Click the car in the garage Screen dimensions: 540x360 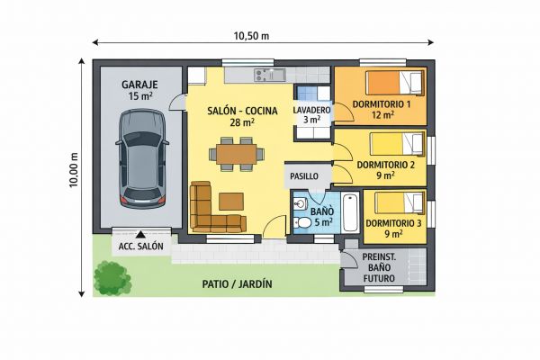coord(142,158)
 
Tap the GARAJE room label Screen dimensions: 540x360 coord(139,85)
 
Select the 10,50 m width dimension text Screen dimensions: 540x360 coord(251,35)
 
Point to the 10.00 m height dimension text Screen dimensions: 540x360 coord(74,170)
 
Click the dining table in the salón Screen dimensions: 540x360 coord(236,154)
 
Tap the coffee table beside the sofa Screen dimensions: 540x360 coord(231,202)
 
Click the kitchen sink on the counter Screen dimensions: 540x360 coord(270,75)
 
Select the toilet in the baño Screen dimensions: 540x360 coord(302,223)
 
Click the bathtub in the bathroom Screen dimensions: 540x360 coord(350,211)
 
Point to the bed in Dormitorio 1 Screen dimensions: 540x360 coord(394,83)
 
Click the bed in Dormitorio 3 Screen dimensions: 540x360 coord(399,202)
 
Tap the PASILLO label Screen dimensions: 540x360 coord(304,176)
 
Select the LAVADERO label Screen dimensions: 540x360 coord(311,110)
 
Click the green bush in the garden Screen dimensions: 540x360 coord(112,278)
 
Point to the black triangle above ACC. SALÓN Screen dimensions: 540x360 coord(140,235)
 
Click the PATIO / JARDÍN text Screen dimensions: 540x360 coord(238,284)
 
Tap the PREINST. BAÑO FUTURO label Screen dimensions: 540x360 coord(379,267)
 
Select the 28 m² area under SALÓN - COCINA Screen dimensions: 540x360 coord(242,122)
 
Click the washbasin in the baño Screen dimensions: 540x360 coord(300,203)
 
